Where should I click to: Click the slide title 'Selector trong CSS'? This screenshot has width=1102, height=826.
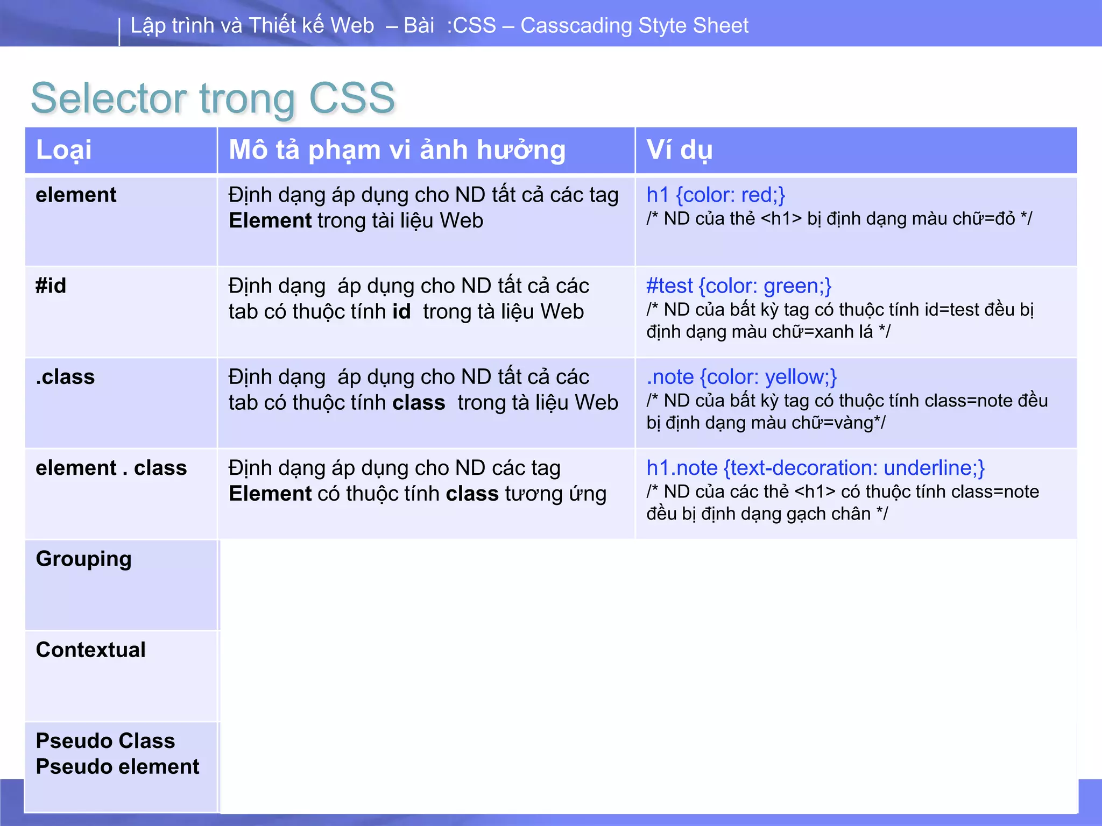point(213,98)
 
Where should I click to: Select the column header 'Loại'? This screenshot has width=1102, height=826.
point(63,150)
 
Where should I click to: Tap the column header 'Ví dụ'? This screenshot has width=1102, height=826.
point(679,150)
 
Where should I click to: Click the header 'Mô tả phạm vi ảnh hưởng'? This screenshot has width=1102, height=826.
point(397,150)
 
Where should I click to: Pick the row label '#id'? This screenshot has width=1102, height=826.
point(51,286)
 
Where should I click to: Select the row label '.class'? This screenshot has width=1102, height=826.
point(65,377)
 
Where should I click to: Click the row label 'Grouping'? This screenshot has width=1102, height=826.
point(83,559)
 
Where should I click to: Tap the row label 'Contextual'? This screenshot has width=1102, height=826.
point(90,650)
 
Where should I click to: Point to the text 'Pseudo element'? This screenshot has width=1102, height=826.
point(117,767)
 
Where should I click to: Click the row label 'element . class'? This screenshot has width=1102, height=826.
point(111,468)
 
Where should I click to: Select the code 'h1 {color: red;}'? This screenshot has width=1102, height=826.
point(716,195)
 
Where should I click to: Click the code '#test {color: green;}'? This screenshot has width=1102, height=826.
point(739,286)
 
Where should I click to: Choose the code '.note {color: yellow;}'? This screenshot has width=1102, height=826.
point(741,377)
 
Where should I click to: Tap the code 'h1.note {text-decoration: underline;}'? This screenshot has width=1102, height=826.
point(815,468)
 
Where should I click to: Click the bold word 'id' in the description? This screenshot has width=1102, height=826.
point(401,312)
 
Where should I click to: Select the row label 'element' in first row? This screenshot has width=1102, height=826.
point(76,195)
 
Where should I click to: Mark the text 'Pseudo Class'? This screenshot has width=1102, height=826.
point(105,741)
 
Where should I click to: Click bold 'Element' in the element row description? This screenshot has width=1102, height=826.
point(270,221)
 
